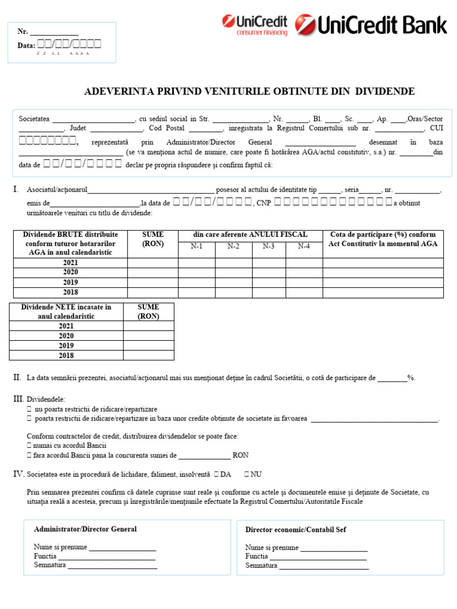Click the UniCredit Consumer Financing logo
point(255,25)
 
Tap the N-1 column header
point(196,246)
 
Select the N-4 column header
point(303,246)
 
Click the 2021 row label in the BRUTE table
point(70,263)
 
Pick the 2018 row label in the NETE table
point(66,356)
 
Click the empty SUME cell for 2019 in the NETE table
point(149,346)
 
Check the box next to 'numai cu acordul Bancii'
point(30,445)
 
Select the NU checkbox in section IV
point(246,475)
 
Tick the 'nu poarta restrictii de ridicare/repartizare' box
point(30,410)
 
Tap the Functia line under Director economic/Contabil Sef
point(318,557)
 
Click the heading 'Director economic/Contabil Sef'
point(295,529)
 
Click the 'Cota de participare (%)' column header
point(383,239)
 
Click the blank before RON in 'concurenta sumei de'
point(204,456)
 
